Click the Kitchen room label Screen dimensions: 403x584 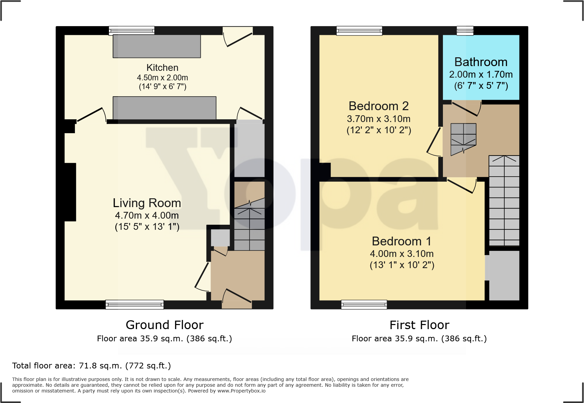[x=162, y=67]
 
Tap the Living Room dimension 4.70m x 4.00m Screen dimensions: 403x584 [x=147, y=215]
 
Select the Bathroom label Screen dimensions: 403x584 [x=481, y=62]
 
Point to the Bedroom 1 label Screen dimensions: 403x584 [x=402, y=241]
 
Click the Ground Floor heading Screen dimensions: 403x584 [x=164, y=325]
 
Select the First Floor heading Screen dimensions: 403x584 [x=419, y=325]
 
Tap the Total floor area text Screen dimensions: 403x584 [x=91, y=366]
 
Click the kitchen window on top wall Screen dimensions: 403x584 [x=132, y=31]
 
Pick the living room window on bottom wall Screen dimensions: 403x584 [x=135, y=304]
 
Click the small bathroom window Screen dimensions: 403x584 [x=465, y=31]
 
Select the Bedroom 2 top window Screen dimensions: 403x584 [x=359, y=31]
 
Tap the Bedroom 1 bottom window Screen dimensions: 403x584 [x=364, y=304]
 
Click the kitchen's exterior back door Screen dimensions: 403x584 [x=238, y=38]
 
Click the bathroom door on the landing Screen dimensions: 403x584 [x=466, y=108]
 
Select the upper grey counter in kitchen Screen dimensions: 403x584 [x=157, y=46]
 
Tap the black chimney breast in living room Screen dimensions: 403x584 [x=70, y=192]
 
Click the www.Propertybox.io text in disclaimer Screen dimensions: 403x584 [x=241, y=391]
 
